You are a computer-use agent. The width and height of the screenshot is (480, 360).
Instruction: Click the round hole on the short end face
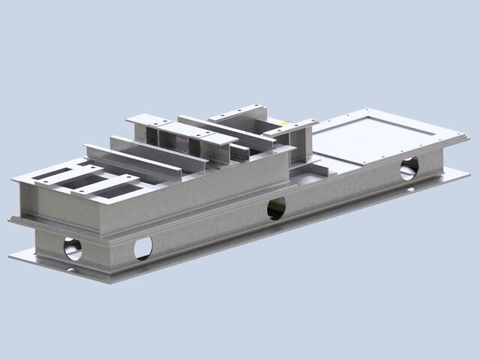(73, 247)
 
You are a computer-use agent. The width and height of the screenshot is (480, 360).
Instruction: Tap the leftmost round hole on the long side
(142, 247)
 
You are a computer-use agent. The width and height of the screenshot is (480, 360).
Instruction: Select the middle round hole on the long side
(276, 209)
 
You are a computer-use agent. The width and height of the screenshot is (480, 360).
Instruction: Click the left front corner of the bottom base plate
(10, 257)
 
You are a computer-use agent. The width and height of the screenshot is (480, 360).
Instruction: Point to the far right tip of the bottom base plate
(470, 176)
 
